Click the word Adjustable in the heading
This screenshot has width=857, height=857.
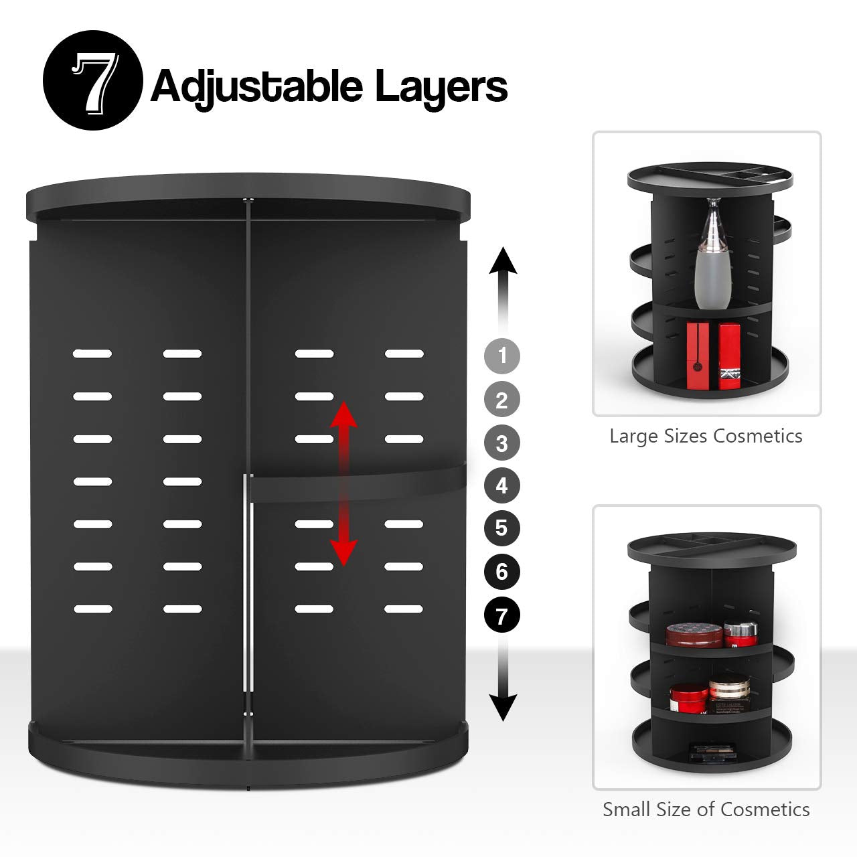256,87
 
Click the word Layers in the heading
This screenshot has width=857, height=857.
441,87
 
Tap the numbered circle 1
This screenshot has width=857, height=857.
501,356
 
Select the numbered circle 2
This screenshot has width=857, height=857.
501,400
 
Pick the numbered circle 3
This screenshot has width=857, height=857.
501,443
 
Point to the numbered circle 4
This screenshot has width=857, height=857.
501,485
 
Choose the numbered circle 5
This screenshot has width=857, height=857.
501,528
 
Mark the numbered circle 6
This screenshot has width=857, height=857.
501,572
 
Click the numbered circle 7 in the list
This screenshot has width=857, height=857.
501,615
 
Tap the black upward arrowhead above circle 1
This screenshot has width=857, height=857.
503,261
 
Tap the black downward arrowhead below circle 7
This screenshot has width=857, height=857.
503,706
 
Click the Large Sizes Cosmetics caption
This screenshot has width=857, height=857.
706,437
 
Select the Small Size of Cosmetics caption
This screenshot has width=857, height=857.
706,809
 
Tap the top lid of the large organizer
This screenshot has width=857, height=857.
248,198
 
